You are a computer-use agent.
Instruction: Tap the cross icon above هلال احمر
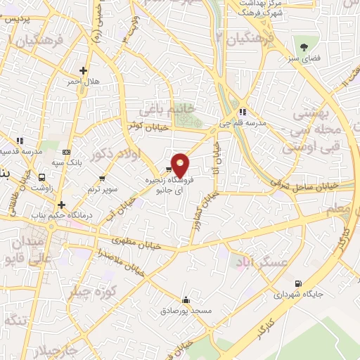[x=84, y=70]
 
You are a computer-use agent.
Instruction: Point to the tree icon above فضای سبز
[x=304, y=47]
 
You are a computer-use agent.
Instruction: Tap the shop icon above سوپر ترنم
[x=103, y=178]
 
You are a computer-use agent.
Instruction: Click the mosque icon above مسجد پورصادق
[x=186, y=297]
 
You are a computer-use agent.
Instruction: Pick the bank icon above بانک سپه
[x=67, y=151]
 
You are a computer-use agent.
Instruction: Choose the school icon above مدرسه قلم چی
[x=243, y=111]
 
